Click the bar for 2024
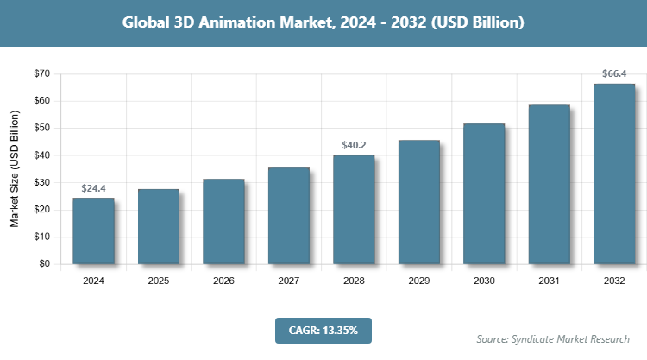pyautogui.click(x=93, y=231)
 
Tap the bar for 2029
pyautogui.click(x=418, y=202)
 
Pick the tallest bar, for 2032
pyautogui.click(x=614, y=174)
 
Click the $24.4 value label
pyautogui.click(x=93, y=187)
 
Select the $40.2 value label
pyautogui.click(x=354, y=144)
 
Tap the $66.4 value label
pyautogui.click(x=614, y=73)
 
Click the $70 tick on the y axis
pyautogui.click(x=41, y=73)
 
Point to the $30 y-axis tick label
pyautogui.click(x=41, y=182)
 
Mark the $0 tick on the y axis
pyautogui.click(x=44, y=264)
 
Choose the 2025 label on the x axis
pyautogui.click(x=159, y=281)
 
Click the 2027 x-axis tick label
pyautogui.click(x=289, y=281)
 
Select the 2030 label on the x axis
pyautogui.click(x=484, y=281)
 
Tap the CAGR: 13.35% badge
pyautogui.click(x=323, y=330)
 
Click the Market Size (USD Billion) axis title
pyautogui.click(x=15, y=169)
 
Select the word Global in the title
pyautogui.click(x=147, y=22)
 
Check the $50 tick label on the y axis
pyautogui.click(x=41, y=128)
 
